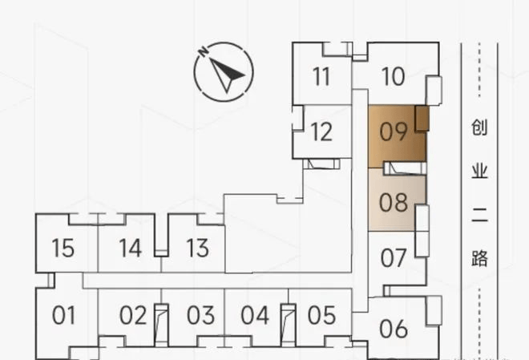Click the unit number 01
pos(63,315)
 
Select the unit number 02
pos(133,315)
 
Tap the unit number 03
pos(200,315)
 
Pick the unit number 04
pos(255,315)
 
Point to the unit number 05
pos(321,315)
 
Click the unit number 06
pos(393,329)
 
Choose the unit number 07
pos(393,258)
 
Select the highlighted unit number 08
pos(393,202)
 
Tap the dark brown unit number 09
pos(394,131)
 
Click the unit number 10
pos(393,76)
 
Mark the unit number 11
pos(321,76)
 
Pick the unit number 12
pos(321,131)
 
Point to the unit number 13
pos(197,248)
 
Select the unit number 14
pos(130,248)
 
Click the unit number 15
pos(63,248)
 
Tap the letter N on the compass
pos(203,51)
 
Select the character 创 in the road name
pos(479,127)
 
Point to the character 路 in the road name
pos(479,258)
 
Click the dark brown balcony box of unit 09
pos(422,118)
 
